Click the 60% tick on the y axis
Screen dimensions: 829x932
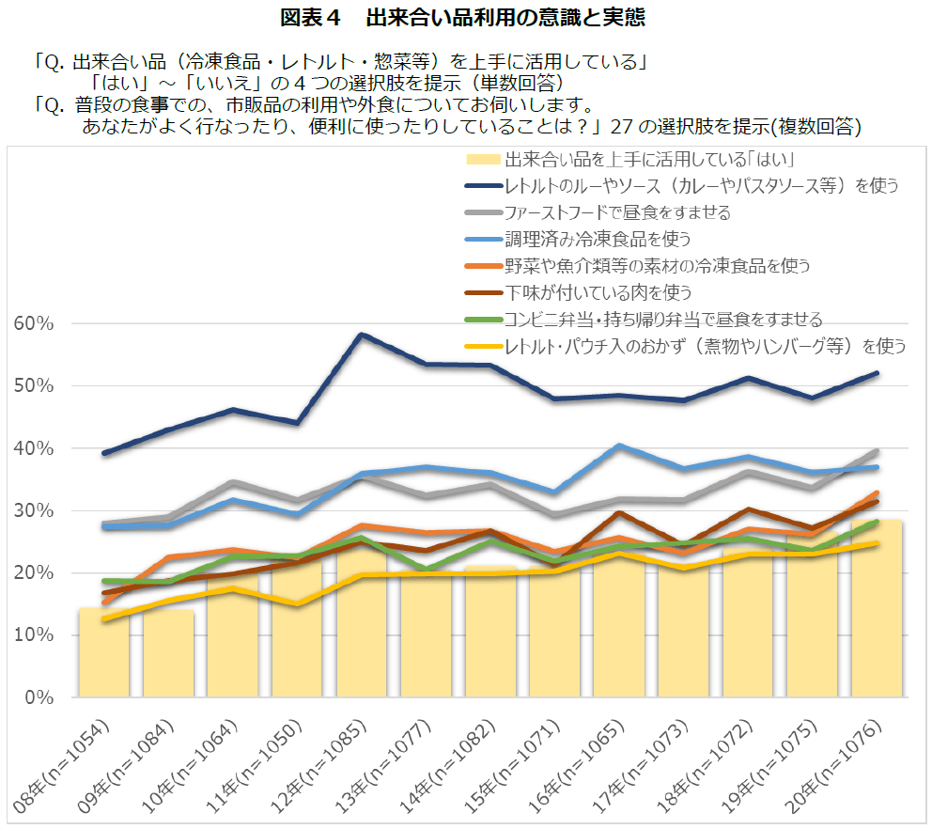36,323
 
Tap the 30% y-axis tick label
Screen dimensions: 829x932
36,510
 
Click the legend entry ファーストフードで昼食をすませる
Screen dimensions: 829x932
617,212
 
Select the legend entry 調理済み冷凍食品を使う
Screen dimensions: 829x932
598,239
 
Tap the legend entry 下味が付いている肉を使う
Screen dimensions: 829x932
598,291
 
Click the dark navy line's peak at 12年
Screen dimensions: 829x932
362,334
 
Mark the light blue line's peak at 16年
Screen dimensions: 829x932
619,446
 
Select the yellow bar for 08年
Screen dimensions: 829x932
103,653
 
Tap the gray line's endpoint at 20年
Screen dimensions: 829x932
877,451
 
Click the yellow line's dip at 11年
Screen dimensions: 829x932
297,604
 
